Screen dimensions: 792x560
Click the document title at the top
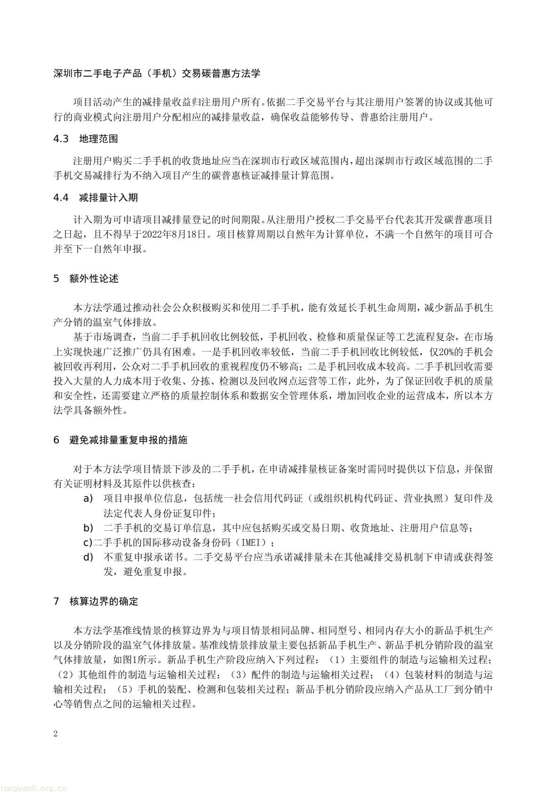[x=157, y=73]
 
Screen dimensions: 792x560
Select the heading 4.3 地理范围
[x=86, y=139]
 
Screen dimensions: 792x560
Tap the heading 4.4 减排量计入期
[x=96, y=198]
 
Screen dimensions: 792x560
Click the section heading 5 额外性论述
[x=86, y=279]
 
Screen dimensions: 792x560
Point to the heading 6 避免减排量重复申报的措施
[x=120, y=440]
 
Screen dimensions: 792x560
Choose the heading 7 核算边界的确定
[x=96, y=601]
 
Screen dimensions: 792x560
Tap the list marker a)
[x=88, y=498]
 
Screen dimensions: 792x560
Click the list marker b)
[x=88, y=528]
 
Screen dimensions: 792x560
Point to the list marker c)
[x=88, y=543]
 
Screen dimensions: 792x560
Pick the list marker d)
[x=88, y=558]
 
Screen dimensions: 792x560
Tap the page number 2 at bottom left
[x=56, y=734]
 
